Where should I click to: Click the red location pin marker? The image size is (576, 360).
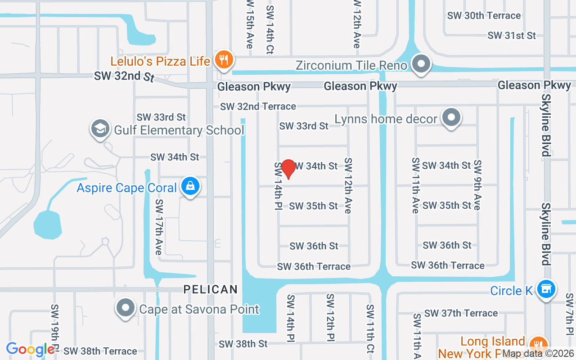coord(288,169)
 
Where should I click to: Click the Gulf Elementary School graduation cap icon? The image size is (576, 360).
coord(99,129)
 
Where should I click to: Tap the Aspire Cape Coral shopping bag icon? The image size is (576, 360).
coord(190,186)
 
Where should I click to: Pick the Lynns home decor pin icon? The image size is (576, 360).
coord(451,117)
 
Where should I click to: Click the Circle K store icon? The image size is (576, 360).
coord(546,289)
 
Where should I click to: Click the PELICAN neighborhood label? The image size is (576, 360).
coord(210,289)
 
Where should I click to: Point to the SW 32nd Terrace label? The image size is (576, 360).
coord(258,107)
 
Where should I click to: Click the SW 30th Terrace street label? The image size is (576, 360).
coord(484,16)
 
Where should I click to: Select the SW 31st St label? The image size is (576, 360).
coord(512,35)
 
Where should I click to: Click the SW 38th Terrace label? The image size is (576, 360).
coord(100,351)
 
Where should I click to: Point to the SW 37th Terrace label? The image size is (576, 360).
coord(461,313)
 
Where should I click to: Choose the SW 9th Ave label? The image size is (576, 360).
coord(477,184)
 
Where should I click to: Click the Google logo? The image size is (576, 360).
coord(30,349)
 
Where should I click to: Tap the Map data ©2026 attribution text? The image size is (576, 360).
coord(537,354)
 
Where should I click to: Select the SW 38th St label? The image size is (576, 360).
coord(243,344)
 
